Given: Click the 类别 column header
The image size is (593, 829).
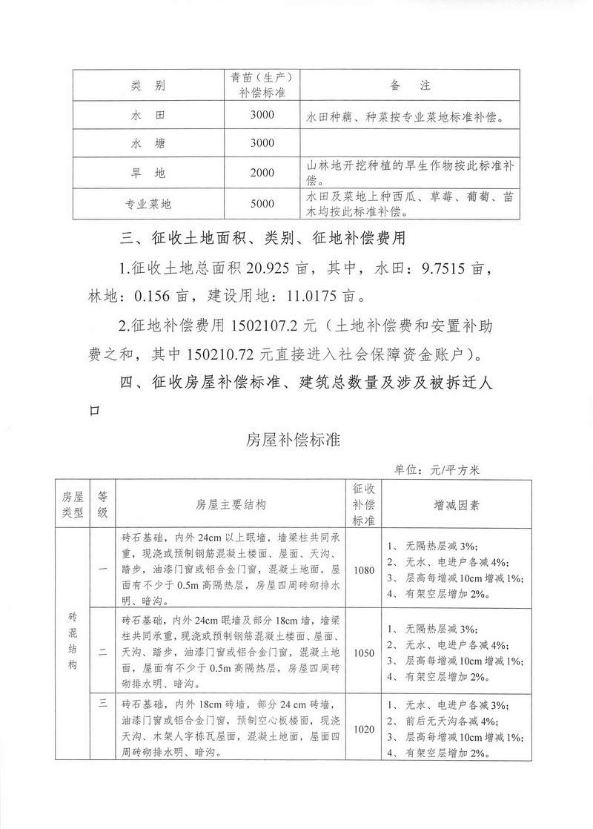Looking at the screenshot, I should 148,86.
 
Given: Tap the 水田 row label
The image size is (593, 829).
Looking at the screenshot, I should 148,116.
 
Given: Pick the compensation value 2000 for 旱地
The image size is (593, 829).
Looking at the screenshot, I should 262,173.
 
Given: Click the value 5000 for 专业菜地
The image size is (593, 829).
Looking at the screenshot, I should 262,203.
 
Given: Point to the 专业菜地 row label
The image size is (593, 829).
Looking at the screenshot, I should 148,203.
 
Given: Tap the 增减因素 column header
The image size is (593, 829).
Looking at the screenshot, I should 456,504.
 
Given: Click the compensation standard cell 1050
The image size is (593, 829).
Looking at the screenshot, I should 365,653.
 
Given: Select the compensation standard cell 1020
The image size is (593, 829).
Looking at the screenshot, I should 365,730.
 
